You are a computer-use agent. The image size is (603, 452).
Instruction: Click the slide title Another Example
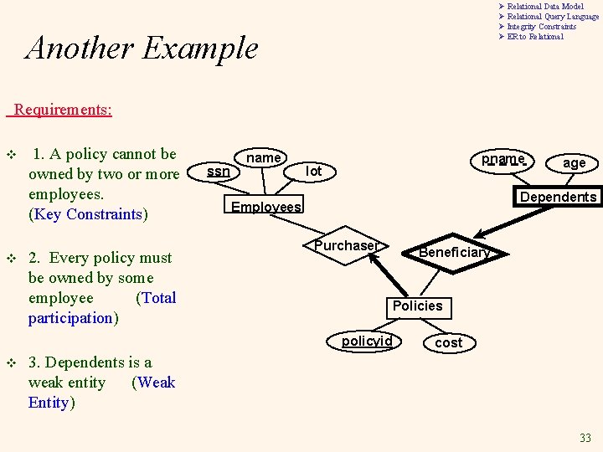(x=142, y=48)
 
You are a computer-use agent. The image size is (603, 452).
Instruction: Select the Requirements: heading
(x=63, y=110)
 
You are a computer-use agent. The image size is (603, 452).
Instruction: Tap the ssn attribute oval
(x=219, y=171)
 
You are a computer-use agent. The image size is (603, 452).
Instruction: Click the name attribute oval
(x=263, y=158)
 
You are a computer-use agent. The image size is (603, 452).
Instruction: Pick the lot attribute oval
(x=313, y=171)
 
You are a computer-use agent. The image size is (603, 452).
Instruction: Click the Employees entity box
(x=265, y=207)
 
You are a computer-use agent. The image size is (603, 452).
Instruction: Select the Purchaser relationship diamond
(x=346, y=246)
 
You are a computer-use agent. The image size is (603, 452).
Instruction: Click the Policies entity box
(x=417, y=306)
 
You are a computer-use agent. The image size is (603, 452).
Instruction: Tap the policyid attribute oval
(x=367, y=342)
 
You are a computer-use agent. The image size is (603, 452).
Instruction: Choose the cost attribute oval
(x=448, y=342)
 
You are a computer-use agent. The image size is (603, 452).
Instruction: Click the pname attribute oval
(x=502, y=159)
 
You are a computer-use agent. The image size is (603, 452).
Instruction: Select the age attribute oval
(x=574, y=163)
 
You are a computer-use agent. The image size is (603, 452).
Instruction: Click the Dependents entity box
(x=558, y=197)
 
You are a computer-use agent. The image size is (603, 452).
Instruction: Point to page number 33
(x=585, y=438)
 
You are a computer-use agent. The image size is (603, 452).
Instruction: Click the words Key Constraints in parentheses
(x=88, y=214)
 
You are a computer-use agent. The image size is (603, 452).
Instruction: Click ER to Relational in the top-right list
(x=535, y=37)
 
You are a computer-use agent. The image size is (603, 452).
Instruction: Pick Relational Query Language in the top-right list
(x=553, y=17)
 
